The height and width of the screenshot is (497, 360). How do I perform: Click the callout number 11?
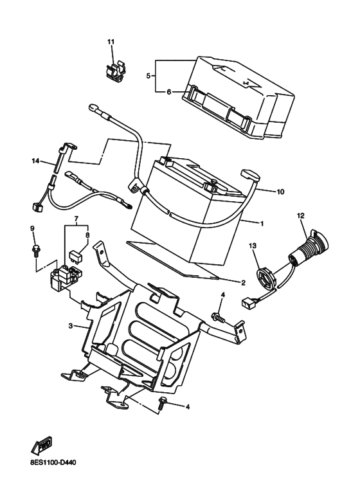(x=111, y=42)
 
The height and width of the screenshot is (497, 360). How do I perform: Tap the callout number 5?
(x=148, y=76)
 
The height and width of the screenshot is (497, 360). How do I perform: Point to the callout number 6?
(x=168, y=92)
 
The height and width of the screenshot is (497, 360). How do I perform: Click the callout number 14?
(x=35, y=161)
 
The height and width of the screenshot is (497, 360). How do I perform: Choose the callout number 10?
(x=280, y=192)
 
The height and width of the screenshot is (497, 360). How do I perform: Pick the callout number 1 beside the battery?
(x=262, y=224)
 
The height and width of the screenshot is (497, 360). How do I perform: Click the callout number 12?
(x=300, y=216)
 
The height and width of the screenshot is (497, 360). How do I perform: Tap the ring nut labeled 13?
(x=265, y=278)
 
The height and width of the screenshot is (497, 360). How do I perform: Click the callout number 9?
(x=32, y=228)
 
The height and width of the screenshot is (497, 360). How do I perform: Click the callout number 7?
(x=76, y=219)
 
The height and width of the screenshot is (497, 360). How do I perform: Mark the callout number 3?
(x=71, y=325)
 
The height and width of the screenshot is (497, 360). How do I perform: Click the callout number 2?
(x=243, y=283)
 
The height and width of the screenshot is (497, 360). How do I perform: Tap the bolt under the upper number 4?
(x=219, y=318)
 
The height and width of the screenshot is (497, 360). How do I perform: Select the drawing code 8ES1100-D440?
(x=53, y=462)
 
